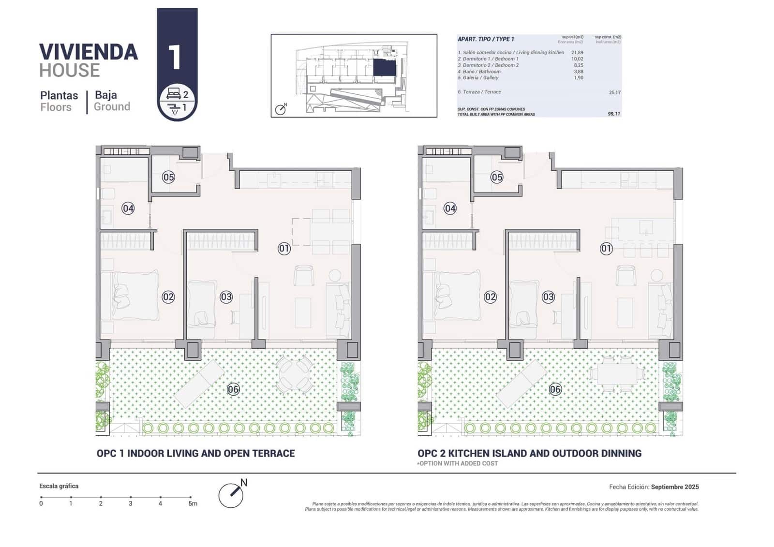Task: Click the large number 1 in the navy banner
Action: [175, 57]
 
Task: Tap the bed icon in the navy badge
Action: [174, 93]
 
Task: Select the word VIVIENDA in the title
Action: [89, 52]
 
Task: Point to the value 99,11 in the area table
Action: [614, 114]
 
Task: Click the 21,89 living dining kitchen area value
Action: [577, 53]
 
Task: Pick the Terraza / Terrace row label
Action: [479, 92]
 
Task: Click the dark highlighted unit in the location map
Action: [385, 67]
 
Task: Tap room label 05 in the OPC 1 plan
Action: [168, 177]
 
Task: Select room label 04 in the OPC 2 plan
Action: [450, 208]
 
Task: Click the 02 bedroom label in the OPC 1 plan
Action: [168, 296]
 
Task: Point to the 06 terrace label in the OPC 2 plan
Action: [555, 389]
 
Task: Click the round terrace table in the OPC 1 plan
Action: [294, 375]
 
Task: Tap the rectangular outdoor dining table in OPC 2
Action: [617, 374]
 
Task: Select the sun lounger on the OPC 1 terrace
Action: [199, 383]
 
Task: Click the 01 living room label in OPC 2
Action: [606, 249]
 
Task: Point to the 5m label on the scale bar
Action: [193, 503]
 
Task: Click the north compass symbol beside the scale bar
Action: [231, 494]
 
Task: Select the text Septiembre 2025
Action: [675, 487]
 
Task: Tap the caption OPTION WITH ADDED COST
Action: [458, 463]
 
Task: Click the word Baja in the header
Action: [106, 95]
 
